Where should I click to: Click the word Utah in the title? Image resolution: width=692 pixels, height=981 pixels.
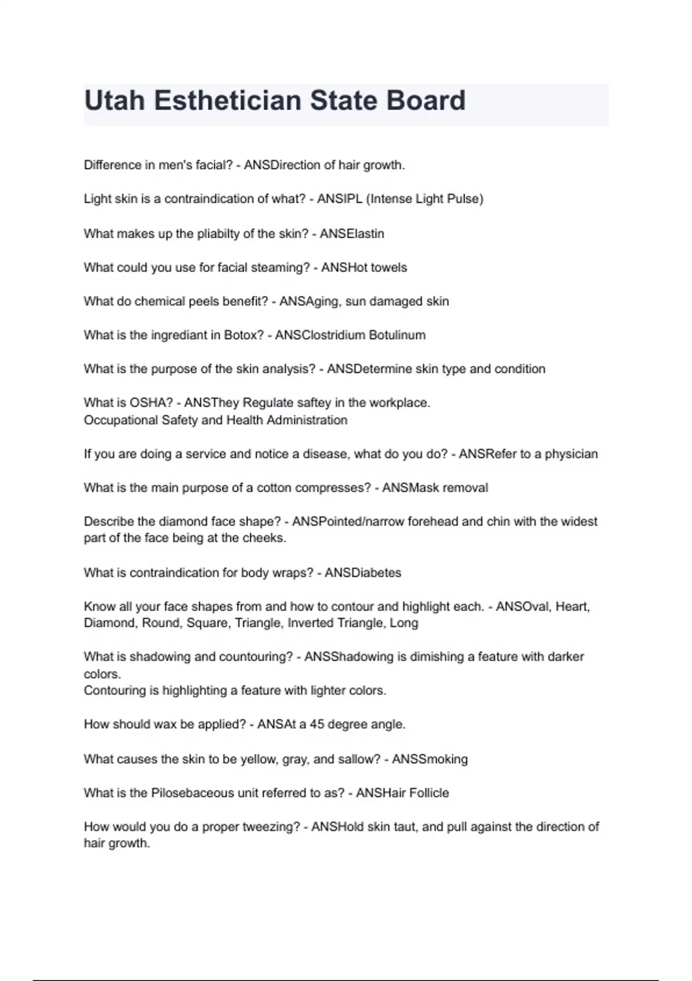tap(114, 100)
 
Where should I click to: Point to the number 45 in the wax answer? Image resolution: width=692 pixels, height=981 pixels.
tap(317, 724)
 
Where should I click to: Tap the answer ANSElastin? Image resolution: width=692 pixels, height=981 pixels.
tap(352, 234)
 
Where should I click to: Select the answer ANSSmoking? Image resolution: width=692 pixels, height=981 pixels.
tap(430, 759)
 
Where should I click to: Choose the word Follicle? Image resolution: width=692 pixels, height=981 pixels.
tap(429, 793)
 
